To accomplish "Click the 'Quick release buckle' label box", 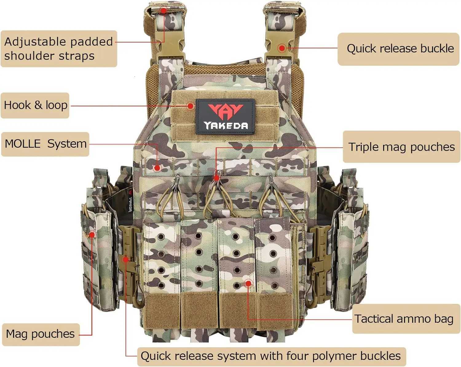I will [x=399, y=49].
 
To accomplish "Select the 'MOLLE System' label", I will [x=45, y=144].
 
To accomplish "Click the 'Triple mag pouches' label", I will [x=401, y=147].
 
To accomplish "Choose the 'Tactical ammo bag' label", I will [x=404, y=319].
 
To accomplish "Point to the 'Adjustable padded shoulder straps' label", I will [x=58, y=49].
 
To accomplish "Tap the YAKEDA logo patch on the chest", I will [x=226, y=116].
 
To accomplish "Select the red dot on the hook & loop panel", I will [x=191, y=106].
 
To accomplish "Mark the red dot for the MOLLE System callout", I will [x=157, y=168].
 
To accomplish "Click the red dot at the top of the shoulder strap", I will [x=164, y=10].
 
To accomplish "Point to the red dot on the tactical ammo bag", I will [x=248, y=283].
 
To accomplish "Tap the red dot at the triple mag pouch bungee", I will [x=217, y=178].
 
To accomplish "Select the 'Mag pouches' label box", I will [x=41, y=334].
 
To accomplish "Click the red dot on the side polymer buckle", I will [x=126, y=259].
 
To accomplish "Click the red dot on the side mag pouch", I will [x=92, y=235].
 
